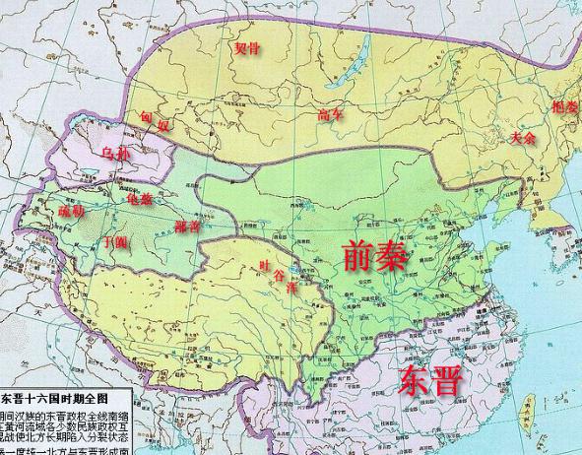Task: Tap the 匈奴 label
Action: coord(155,122)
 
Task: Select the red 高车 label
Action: coord(330,115)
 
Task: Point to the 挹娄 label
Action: coord(564,106)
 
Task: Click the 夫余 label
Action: coord(523,139)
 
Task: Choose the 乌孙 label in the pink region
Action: coord(116,155)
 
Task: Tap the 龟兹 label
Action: coord(140,199)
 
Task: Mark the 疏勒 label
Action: coord(71,211)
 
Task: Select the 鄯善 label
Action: coord(186,227)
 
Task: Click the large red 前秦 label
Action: coord(374,255)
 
